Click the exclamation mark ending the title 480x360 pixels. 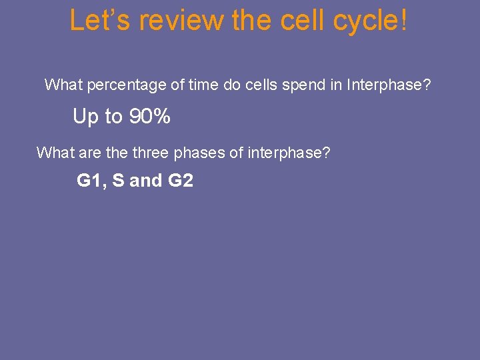point(403,21)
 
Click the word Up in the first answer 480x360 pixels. point(85,117)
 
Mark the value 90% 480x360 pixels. point(149,117)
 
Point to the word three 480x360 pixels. point(151,153)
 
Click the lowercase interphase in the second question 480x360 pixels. point(289,153)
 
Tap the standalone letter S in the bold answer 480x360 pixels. point(118,181)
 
